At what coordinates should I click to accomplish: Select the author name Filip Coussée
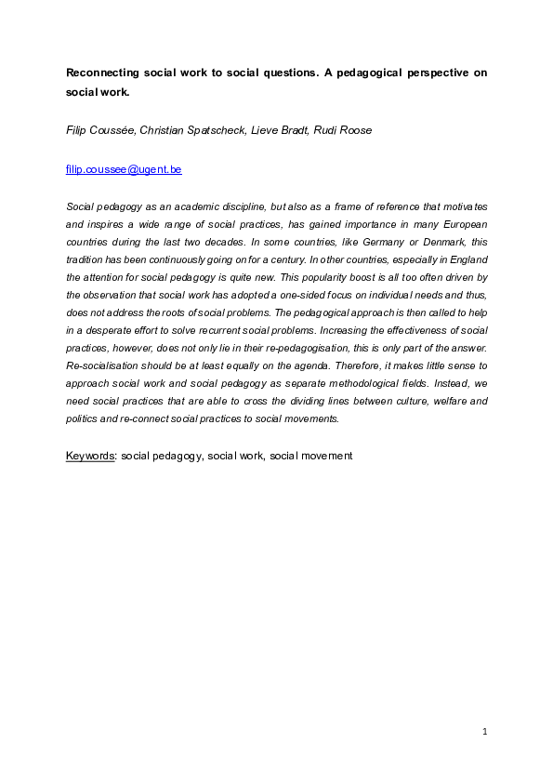coord(102,130)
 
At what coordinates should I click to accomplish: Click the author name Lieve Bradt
coord(278,130)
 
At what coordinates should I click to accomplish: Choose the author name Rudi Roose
coord(344,130)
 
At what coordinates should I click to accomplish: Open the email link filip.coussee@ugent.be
coord(124,170)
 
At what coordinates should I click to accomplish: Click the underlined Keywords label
coord(88,456)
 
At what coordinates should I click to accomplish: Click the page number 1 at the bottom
coord(485,733)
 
